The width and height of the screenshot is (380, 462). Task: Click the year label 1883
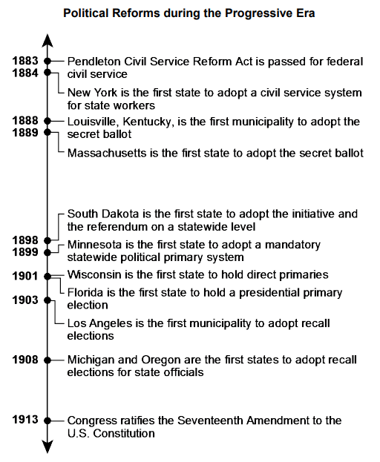point(26,61)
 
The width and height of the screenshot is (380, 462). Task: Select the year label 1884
point(26,73)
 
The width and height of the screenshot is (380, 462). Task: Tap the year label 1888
point(26,120)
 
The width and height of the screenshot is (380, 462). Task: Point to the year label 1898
point(26,240)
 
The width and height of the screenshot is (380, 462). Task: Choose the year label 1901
point(26,276)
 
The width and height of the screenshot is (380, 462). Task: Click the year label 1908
point(26,360)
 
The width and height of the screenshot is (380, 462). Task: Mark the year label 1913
point(26,420)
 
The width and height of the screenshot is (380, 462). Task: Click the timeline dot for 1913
point(47,420)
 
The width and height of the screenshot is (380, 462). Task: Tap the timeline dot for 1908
point(47,360)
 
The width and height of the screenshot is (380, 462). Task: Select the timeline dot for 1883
point(47,61)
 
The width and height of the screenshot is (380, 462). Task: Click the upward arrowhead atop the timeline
point(47,39)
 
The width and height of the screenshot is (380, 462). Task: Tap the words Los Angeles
point(97,323)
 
